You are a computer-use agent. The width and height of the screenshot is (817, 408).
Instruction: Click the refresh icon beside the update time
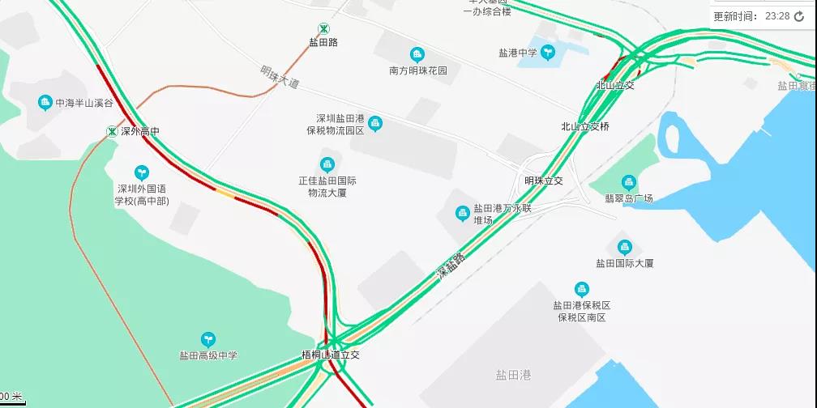pos(799,16)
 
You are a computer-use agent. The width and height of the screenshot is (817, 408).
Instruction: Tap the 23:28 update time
pos(776,16)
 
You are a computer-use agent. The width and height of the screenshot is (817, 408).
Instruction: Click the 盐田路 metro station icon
pos(323,28)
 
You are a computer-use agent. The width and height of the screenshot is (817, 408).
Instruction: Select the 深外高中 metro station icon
pos(112,131)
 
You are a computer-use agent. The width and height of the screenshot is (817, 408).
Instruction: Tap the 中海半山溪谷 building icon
pos(45,103)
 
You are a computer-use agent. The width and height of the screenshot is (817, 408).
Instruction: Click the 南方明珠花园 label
pos(418,71)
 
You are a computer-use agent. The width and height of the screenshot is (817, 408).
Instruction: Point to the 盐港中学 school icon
pos(548,53)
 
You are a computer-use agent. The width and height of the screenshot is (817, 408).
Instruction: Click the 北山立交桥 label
pos(584,126)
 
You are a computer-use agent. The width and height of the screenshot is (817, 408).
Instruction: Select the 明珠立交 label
pos(543,181)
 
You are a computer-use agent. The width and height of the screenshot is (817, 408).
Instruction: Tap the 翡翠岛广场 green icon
pos(629,184)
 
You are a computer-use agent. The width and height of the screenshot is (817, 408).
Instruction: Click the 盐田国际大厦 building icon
pos(624,248)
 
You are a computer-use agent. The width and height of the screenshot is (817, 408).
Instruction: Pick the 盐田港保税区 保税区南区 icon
pos(581,289)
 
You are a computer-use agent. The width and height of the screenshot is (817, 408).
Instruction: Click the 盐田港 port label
pos(513,375)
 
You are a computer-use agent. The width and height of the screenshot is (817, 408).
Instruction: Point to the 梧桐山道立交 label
pos(330,355)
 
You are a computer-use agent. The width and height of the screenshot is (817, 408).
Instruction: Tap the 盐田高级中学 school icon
pos(208,339)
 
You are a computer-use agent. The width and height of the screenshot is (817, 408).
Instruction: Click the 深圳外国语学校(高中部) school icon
pos(142,172)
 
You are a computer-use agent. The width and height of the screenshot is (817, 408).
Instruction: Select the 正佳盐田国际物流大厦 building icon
pos(327,164)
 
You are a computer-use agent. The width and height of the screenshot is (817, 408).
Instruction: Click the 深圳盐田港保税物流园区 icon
pos(374,123)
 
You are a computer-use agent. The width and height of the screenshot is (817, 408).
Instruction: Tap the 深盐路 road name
pos(451,266)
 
